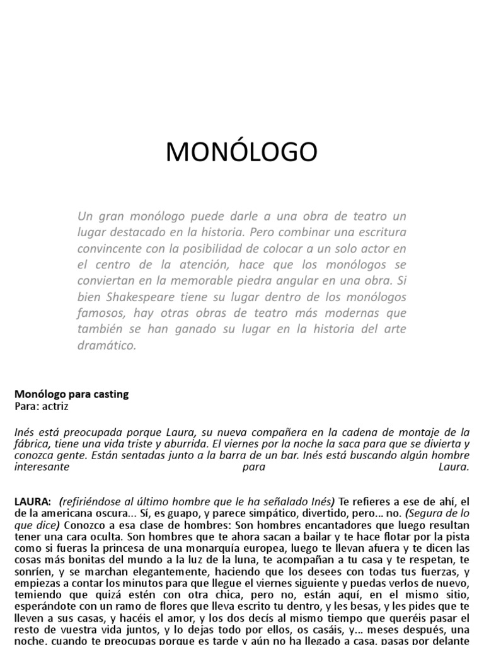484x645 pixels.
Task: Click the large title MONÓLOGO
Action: [x=242, y=152]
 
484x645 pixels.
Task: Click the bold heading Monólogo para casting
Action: [x=71, y=394]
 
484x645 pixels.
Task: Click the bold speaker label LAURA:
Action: [x=32, y=501]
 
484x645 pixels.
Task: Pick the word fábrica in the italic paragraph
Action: [x=30, y=443]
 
